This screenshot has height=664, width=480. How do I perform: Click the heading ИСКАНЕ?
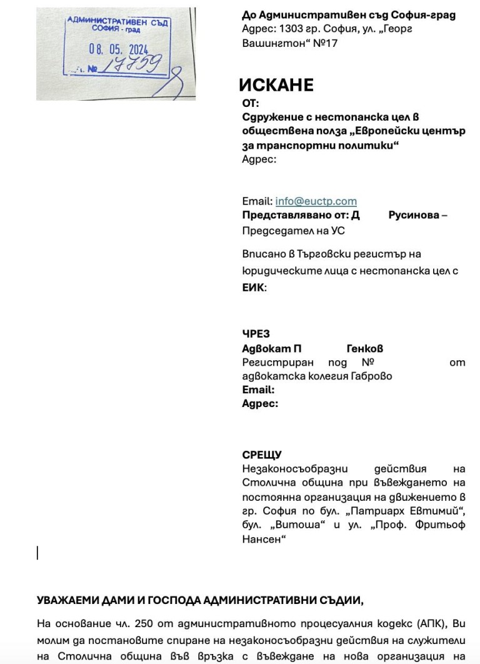pyautogui.click(x=276, y=86)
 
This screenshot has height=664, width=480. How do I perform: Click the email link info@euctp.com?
pyautogui.click(x=316, y=201)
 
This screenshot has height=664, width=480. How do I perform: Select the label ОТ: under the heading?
pyautogui.click(x=250, y=104)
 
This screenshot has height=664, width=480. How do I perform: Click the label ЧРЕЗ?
pyautogui.click(x=256, y=335)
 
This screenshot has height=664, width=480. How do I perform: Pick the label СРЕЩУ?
pyautogui.click(x=261, y=455)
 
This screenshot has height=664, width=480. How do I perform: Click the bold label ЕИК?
pyautogui.click(x=254, y=288)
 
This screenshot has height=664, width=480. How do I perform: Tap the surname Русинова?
pyautogui.click(x=414, y=215)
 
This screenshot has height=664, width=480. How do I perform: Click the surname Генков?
pyautogui.click(x=365, y=348)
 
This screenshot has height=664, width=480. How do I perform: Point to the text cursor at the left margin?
pyautogui.click(x=37, y=553)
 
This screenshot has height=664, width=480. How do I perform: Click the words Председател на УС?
pyautogui.click(x=293, y=231)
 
